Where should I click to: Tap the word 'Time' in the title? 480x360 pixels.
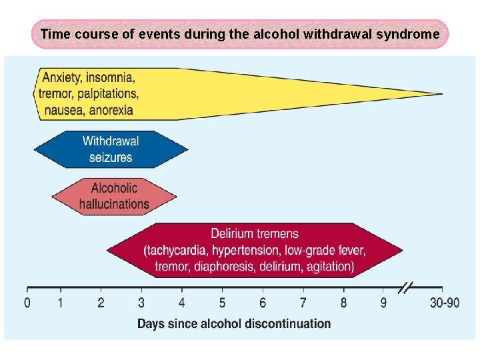point(53,34)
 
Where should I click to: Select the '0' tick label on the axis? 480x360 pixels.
point(27,303)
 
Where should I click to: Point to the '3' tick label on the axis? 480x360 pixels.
point(141,303)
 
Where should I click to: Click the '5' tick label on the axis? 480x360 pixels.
point(222,303)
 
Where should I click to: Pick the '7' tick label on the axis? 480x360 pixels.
point(303,303)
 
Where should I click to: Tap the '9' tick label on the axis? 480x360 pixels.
point(383,303)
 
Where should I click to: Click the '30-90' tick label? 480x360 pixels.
point(444,303)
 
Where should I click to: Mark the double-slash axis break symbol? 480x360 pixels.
point(406,288)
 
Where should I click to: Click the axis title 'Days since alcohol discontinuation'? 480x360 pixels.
point(234,324)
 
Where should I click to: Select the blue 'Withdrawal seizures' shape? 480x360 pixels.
point(111,149)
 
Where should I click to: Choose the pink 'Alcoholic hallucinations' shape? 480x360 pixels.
point(114,196)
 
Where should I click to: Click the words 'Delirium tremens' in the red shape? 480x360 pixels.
point(255,234)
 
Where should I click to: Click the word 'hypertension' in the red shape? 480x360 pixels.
point(245,251)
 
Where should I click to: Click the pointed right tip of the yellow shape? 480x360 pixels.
point(440,94)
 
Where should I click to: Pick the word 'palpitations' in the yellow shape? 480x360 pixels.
point(106,93)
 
